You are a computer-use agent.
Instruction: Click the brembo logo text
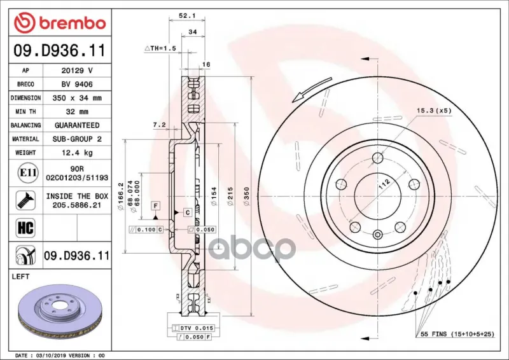click(73, 24)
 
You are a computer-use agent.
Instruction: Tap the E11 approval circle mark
click(28, 173)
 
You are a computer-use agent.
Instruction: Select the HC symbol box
click(25, 228)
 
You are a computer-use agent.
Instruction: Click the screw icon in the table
click(25, 200)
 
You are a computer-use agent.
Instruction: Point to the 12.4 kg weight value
click(77, 153)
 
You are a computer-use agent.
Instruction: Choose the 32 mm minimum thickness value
click(77, 112)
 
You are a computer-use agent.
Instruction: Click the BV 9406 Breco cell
click(77, 85)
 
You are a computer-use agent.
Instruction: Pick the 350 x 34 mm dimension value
click(77, 98)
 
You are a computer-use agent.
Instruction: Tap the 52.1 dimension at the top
click(187, 15)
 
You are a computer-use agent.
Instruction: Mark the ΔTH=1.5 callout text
click(160, 48)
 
